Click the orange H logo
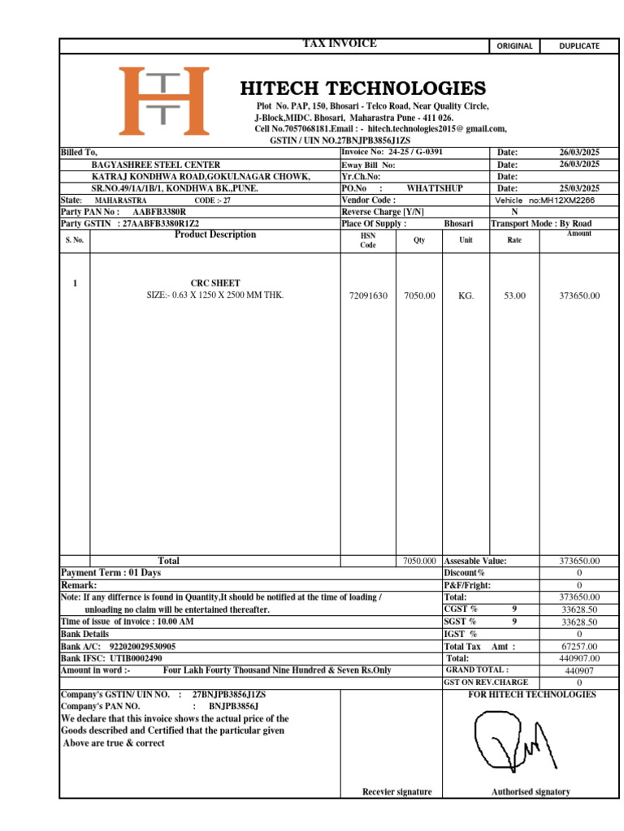pos(163,101)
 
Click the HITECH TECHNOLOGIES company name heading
pos(362,88)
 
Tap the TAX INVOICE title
pos(339,44)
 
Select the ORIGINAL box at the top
pos(514,46)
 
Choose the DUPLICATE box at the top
pos(578,46)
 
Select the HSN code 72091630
pos(368,296)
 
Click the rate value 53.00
pos(514,296)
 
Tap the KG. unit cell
pos(466,296)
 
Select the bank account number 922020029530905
pos(142,647)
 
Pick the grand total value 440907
pos(579,671)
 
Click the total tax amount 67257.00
pos(579,647)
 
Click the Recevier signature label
pos(396,792)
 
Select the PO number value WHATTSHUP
pos(435,188)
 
